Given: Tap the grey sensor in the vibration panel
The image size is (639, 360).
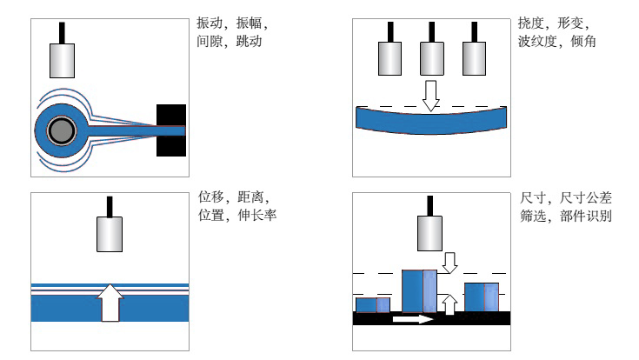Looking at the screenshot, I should coord(63,59).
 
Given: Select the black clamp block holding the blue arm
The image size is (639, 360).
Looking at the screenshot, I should coord(171,130).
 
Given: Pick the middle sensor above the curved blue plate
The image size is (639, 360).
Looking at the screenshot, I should coord(431,58).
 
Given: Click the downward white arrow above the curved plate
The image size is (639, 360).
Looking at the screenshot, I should coord(431,94).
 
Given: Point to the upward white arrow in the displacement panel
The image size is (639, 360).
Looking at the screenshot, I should coord(110,301).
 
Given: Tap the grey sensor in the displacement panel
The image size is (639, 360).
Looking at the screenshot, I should coord(110,233).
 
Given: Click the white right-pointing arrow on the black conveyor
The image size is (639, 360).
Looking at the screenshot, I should coord(412,319).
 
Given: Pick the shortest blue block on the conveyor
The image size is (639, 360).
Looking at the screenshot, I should coord(373,304).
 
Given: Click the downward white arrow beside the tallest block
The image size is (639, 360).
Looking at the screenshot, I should coord(449,262).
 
